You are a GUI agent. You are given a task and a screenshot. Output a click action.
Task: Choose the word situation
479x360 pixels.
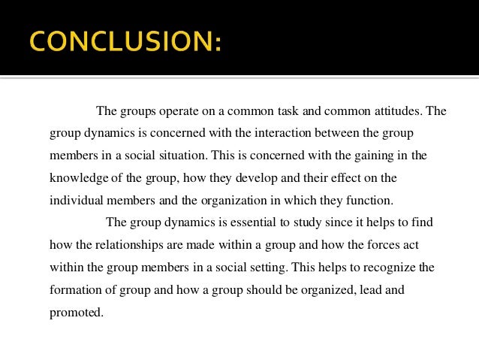tap(181, 156)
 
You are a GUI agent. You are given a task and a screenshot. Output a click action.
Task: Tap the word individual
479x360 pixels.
tap(77, 201)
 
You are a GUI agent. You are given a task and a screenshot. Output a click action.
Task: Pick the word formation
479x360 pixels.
tap(77, 290)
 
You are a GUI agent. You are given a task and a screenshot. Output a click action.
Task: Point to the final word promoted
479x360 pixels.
tap(76, 312)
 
